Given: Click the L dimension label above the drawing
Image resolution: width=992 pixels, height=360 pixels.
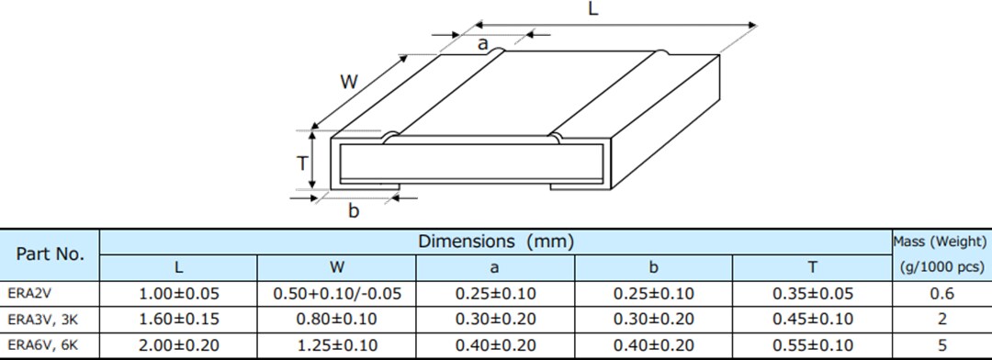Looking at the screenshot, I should tap(592, 10).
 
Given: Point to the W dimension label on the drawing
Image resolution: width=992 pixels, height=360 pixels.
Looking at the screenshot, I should tap(348, 81).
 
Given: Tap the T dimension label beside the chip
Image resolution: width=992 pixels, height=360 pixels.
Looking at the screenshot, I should tap(301, 163).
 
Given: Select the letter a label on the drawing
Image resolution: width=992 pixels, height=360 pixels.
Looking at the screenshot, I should tap(482, 43).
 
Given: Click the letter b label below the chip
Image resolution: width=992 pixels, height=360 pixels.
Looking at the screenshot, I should tap(354, 211).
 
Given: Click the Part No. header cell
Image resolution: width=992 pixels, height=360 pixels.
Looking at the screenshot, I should tap(50, 254).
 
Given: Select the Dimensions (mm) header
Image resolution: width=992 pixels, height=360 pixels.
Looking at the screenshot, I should tap(496, 242).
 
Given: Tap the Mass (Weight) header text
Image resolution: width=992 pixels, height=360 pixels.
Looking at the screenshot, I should tap(941, 242).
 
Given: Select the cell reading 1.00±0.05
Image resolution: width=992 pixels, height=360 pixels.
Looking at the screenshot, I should tap(178, 295).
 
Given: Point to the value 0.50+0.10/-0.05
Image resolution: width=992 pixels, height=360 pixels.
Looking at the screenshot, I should tap(337, 295).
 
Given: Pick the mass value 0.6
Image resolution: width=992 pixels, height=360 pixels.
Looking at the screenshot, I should tap(941, 295).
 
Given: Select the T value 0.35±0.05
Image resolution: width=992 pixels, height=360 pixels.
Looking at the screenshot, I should tap(813, 295).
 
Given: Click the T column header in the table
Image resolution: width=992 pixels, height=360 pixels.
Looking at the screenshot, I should tap(813, 268).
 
